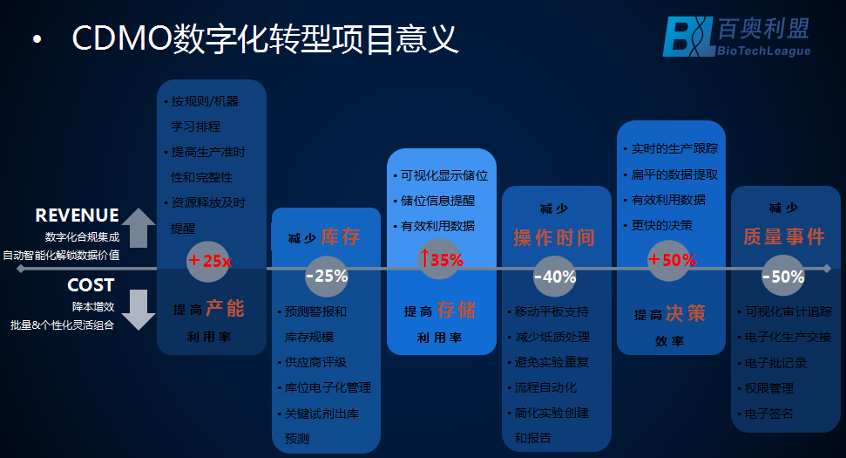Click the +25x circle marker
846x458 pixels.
click(x=208, y=261)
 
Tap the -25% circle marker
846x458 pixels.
click(x=326, y=277)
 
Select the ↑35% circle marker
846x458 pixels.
click(x=441, y=259)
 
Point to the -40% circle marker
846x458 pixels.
click(x=554, y=277)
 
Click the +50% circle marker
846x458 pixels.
click(x=672, y=260)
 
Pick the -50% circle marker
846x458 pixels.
click(x=782, y=277)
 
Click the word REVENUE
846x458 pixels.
click(x=77, y=215)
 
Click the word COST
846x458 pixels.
click(x=91, y=285)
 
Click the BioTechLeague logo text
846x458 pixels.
click(x=762, y=51)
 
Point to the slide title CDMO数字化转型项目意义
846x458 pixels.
click(x=265, y=39)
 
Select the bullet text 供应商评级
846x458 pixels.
click(x=315, y=362)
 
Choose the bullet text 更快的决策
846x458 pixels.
click(x=661, y=225)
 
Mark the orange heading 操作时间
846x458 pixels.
click(x=554, y=237)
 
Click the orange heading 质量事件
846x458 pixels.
click(x=783, y=237)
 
